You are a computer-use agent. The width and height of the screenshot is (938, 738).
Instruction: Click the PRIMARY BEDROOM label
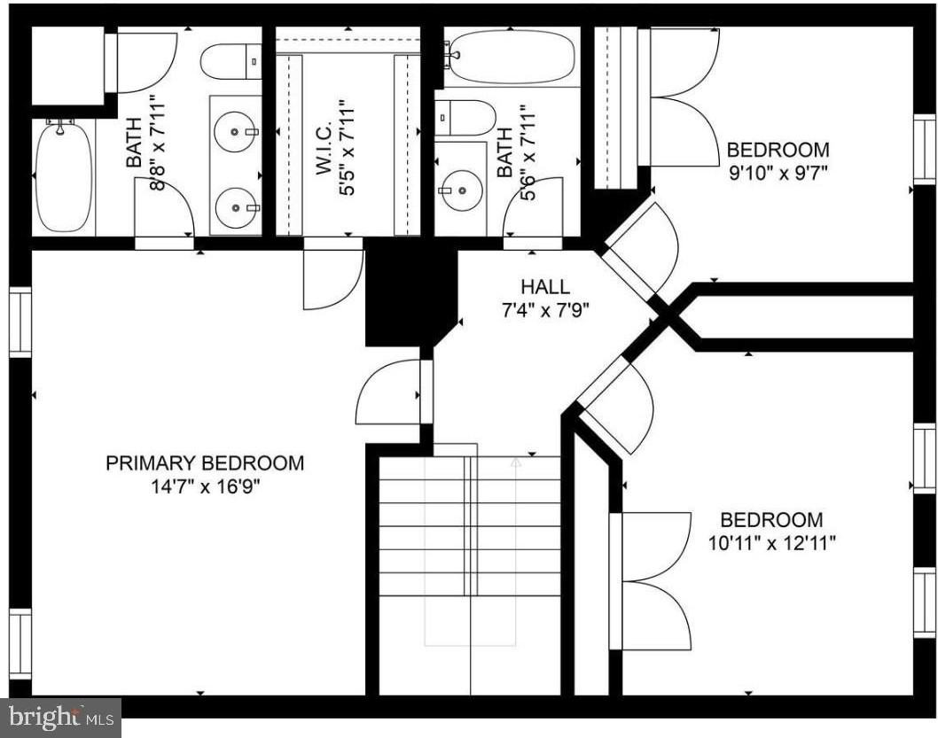point(205,462)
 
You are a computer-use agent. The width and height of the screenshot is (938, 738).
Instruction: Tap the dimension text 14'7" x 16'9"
point(205,486)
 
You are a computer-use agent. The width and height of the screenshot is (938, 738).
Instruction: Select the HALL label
point(545,287)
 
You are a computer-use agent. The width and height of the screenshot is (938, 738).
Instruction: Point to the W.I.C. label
point(324,149)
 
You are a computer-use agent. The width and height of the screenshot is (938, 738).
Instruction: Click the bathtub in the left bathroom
point(63,176)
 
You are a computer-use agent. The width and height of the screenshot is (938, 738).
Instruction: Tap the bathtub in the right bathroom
point(509,57)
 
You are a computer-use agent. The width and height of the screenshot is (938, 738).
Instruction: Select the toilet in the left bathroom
point(231,62)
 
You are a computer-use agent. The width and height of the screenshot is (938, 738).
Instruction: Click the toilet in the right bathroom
point(465,117)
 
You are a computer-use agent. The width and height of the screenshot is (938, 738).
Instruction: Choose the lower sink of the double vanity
point(236,207)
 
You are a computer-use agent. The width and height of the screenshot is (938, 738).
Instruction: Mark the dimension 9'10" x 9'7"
point(778,174)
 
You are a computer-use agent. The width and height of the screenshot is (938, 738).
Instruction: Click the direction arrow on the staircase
point(516,461)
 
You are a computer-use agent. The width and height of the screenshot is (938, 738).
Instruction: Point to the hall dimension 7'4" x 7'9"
point(545,310)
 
